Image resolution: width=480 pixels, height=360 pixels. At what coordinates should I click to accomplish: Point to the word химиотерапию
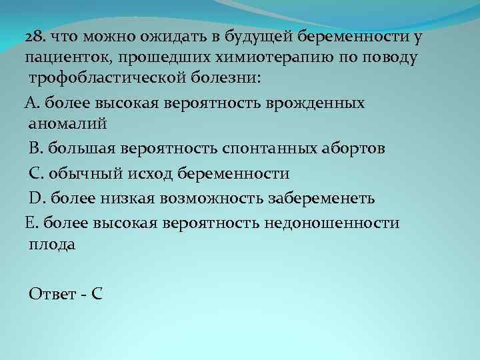point(263,57)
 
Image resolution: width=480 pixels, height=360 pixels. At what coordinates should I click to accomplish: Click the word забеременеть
point(324,198)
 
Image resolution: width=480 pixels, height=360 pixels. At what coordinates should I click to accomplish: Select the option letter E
point(29,222)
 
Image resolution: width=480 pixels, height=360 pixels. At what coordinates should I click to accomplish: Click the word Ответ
point(52,294)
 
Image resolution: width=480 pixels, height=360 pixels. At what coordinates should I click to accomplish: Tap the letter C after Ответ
point(97,294)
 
